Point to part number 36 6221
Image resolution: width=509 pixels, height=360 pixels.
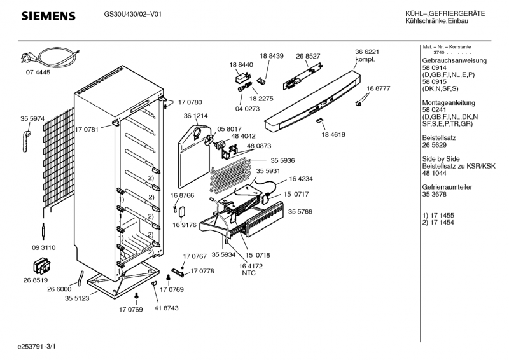tap(367, 52)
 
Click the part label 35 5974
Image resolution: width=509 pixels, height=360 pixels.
tap(32, 118)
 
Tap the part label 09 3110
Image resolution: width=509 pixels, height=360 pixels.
tap(43, 247)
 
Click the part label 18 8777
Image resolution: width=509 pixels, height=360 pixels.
tap(378, 88)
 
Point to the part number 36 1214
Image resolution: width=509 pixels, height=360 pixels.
tap(196, 116)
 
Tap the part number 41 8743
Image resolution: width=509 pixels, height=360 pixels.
tap(166, 308)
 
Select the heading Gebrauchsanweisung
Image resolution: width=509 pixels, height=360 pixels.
tap(454, 61)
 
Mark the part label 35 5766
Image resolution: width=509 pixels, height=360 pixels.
tap(300, 211)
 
